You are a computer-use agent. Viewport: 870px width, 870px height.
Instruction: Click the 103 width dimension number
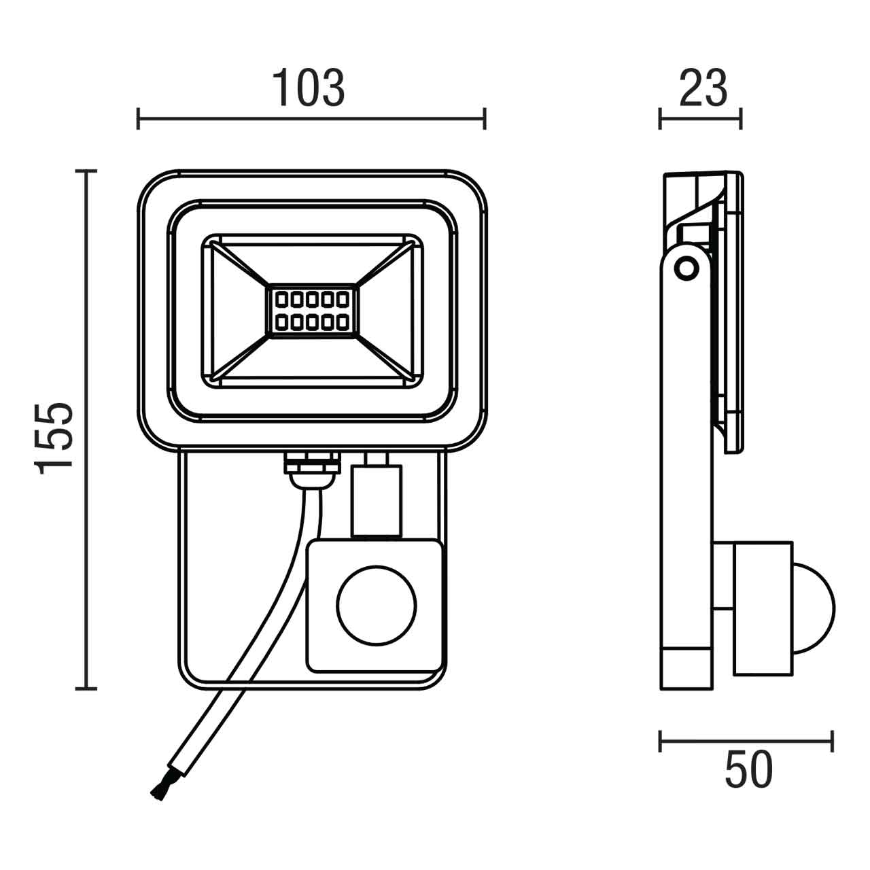(x=309, y=88)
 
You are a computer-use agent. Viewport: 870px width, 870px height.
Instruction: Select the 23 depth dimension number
(x=703, y=88)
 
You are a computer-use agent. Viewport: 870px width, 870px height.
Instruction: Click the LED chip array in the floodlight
(x=311, y=310)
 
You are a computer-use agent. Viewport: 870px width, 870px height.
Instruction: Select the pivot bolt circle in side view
(x=687, y=267)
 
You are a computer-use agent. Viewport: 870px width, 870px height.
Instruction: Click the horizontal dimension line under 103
(x=311, y=118)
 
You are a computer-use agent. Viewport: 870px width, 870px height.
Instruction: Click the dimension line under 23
(x=700, y=118)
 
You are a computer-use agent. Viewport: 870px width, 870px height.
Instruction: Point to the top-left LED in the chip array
(x=279, y=299)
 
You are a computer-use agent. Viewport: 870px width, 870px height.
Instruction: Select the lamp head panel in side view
(x=733, y=313)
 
